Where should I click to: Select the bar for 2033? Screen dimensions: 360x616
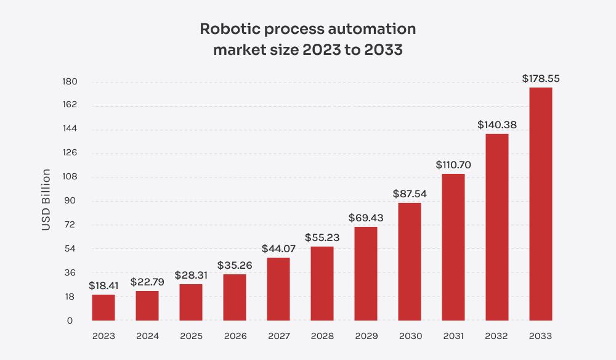tap(540, 204)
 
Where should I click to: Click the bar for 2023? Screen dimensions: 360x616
tap(103, 308)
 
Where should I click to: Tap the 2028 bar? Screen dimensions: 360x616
tap(322, 284)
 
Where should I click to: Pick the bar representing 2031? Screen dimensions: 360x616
tap(453, 247)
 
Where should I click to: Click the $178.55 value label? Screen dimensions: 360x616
tap(541, 79)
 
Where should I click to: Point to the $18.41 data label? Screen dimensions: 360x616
tap(103, 286)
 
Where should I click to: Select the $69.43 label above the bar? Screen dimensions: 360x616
tap(366, 218)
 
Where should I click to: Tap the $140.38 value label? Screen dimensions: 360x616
tap(497, 125)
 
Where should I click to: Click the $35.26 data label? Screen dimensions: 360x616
tap(235, 266)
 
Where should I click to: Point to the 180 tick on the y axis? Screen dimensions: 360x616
tap(69, 82)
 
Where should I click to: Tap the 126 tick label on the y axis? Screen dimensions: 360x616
tap(69, 153)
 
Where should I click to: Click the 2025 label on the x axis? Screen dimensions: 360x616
tap(191, 336)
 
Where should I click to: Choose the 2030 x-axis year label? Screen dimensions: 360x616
tap(410, 336)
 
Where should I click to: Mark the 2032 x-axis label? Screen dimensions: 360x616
tap(497, 336)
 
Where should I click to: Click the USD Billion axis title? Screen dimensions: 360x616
tap(46, 200)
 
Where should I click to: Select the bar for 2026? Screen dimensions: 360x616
tap(235, 297)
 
